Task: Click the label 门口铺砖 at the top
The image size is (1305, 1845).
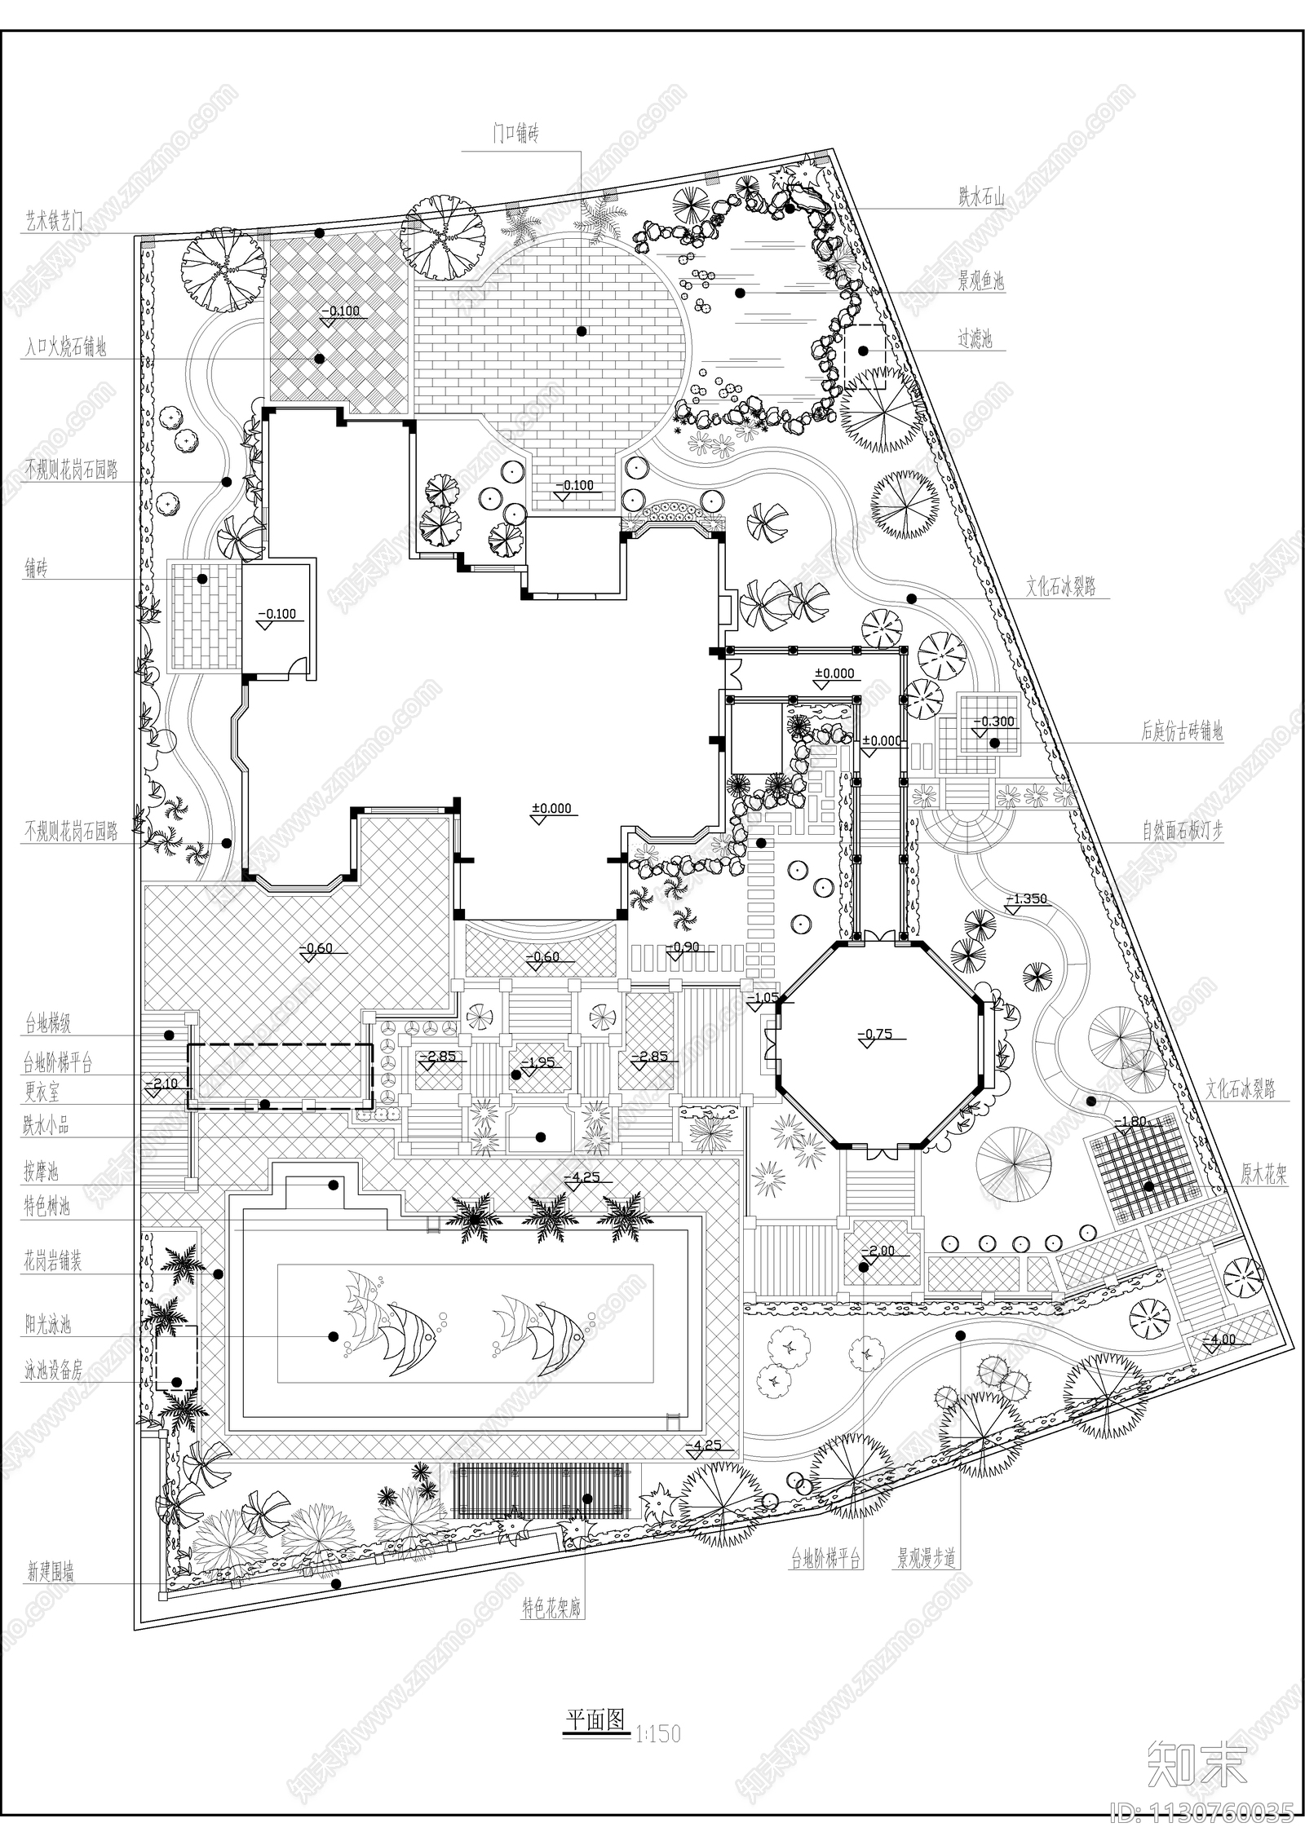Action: pyautogui.click(x=515, y=135)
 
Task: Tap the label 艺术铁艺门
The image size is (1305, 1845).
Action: pyautogui.click(x=53, y=221)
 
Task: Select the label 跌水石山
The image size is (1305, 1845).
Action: pyautogui.click(x=980, y=196)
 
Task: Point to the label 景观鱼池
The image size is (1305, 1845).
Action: pyautogui.click(x=980, y=282)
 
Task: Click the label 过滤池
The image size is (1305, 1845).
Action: pyautogui.click(x=975, y=340)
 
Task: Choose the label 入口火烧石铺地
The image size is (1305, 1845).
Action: pyautogui.click(x=65, y=348)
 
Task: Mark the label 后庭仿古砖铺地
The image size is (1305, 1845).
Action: pyautogui.click(x=1182, y=732)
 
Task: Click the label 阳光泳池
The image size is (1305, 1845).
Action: pyautogui.click(x=47, y=1325)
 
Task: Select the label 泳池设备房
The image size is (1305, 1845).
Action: pyautogui.click(x=53, y=1371)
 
